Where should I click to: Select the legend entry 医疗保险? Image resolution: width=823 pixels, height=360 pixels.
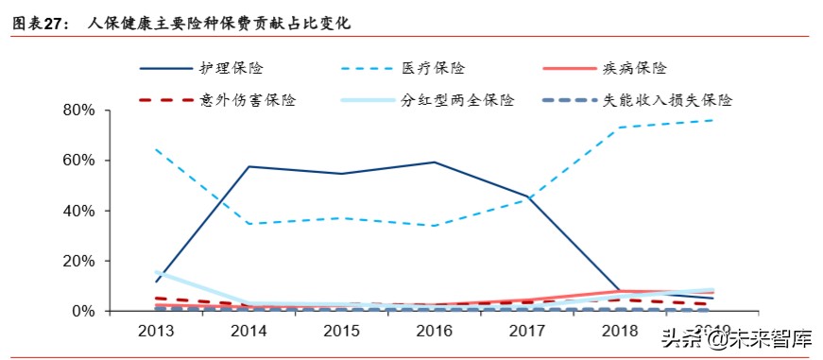pyautogui.click(x=433, y=69)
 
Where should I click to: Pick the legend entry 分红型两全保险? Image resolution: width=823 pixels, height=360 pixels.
pyautogui.click(x=456, y=100)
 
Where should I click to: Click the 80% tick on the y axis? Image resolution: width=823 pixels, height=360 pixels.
pyautogui.click(x=77, y=111)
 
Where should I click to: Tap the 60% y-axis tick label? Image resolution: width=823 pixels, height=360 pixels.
pyautogui.click(x=77, y=161)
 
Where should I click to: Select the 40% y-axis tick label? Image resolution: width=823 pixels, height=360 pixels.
pyautogui.click(x=77, y=211)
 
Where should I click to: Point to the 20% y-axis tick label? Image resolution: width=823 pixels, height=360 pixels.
pyautogui.click(x=77, y=261)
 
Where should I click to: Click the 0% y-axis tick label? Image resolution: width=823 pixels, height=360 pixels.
pyautogui.click(x=82, y=311)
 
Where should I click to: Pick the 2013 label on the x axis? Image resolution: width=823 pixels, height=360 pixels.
pyautogui.click(x=155, y=331)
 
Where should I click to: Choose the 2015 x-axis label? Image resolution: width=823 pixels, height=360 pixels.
pyautogui.click(x=341, y=331)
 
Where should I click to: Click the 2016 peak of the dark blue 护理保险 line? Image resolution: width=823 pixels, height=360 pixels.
pyautogui.click(x=434, y=163)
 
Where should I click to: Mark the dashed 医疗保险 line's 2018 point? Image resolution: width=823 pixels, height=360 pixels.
pyautogui.click(x=620, y=128)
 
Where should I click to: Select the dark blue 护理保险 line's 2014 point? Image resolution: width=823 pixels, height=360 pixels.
pyautogui.click(x=249, y=166)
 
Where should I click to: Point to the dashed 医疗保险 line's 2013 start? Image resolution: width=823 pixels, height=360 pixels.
pyautogui.click(x=155, y=149)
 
